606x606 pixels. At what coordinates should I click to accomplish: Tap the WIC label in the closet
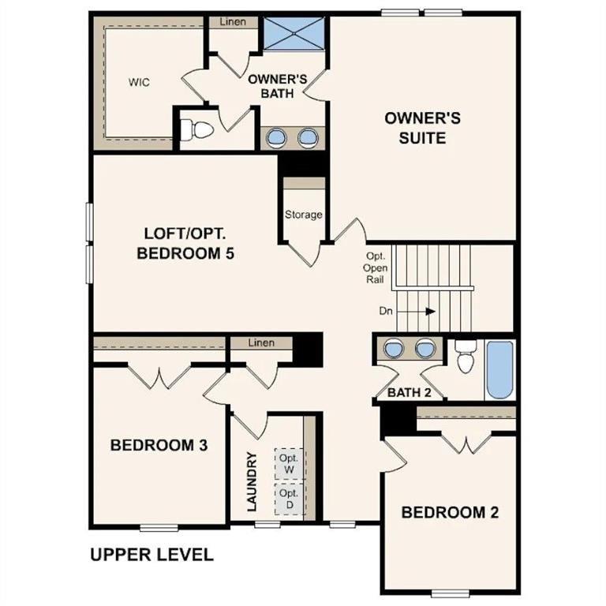[140, 82]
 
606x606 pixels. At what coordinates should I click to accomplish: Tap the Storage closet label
[304, 215]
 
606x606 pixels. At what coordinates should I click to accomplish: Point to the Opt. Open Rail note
[375, 267]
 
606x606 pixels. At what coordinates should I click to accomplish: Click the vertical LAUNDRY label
[252, 482]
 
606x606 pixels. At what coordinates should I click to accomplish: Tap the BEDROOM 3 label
[159, 445]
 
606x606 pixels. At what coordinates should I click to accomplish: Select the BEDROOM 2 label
[450, 512]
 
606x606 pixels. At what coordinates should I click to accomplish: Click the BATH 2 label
[410, 392]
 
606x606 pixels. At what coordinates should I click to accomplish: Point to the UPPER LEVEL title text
[151, 555]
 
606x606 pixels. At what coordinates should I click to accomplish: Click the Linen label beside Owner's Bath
[233, 22]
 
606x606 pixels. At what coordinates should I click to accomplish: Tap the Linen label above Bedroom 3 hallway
[261, 343]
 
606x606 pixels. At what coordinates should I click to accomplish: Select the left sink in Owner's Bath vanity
[276, 137]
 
